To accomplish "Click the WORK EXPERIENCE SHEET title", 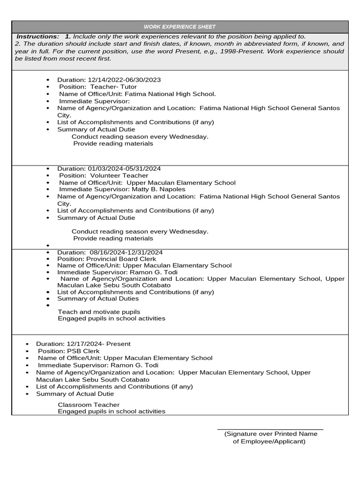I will (x=180, y=27).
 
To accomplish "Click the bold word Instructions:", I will (x=38, y=37).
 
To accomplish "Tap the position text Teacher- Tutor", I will (x=113, y=87).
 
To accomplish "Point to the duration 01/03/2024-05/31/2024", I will (x=124, y=168).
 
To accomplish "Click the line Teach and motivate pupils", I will (x=99, y=312).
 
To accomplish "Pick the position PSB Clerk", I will (x=83, y=351).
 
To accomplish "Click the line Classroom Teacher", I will (x=89, y=405).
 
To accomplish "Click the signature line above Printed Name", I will (x=270, y=429).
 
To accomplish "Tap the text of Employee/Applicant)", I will (x=269, y=441).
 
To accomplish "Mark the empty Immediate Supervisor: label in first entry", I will (x=94, y=101).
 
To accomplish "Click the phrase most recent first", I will (x=86, y=59).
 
